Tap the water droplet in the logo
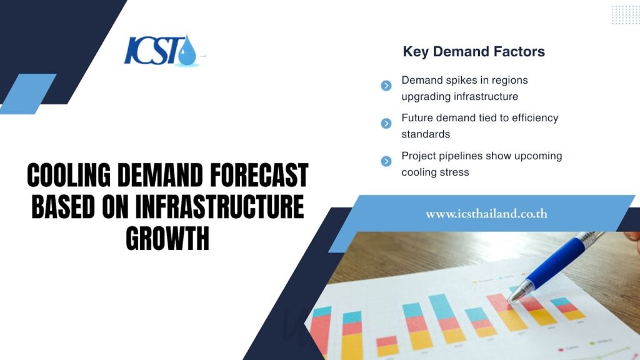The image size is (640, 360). tap(186, 52)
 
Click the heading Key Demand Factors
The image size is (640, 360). tap(474, 52)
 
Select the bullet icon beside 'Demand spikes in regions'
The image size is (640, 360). tap(386, 86)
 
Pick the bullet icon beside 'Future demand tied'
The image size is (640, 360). tap(386, 123)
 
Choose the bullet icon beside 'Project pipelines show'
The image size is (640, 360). tap(386, 161)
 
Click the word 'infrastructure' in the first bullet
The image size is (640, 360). tap(486, 97)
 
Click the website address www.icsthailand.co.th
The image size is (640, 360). tap(486, 214)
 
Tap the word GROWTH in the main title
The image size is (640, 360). tap(167, 239)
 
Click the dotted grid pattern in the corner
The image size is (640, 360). tap(624, 14)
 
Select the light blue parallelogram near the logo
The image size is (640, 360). tap(28, 94)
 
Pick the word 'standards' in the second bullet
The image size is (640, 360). tap(426, 134)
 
